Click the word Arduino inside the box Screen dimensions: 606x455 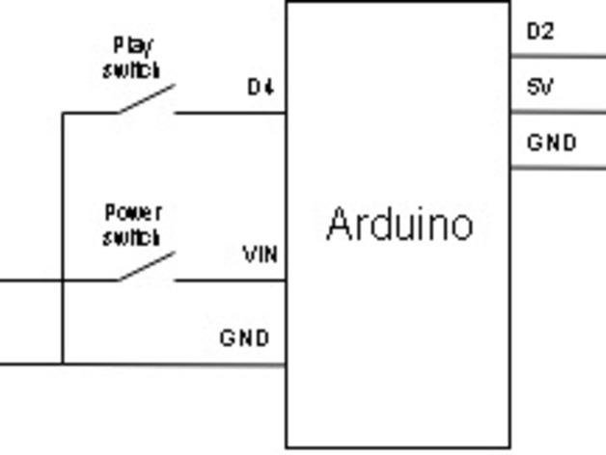(x=400, y=225)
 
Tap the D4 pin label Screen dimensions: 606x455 (x=261, y=88)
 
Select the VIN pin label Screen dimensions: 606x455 (x=261, y=254)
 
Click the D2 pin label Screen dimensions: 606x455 (x=540, y=32)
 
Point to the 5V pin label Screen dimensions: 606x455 (x=539, y=87)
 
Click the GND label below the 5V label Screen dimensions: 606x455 (x=552, y=143)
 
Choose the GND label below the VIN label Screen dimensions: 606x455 (x=244, y=338)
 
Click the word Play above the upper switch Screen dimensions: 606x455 (x=133, y=46)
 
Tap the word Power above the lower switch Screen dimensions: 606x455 (x=133, y=213)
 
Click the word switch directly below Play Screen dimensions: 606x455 (x=131, y=70)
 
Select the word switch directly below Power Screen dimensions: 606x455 (x=131, y=237)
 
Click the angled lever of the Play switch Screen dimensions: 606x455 (x=147, y=98)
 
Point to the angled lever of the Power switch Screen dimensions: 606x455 (x=147, y=266)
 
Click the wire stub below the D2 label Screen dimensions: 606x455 (x=558, y=57)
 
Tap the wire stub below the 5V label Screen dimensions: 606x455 (x=558, y=113)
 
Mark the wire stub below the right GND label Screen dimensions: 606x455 (x=558, y=168)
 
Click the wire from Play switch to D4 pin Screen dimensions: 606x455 (x=231, y=113)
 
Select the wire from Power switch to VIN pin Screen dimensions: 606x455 (x=231, y=281)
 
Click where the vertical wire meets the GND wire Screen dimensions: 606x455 (x=63, y=363)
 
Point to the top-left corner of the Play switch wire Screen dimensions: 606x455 (x=63, y=113)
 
